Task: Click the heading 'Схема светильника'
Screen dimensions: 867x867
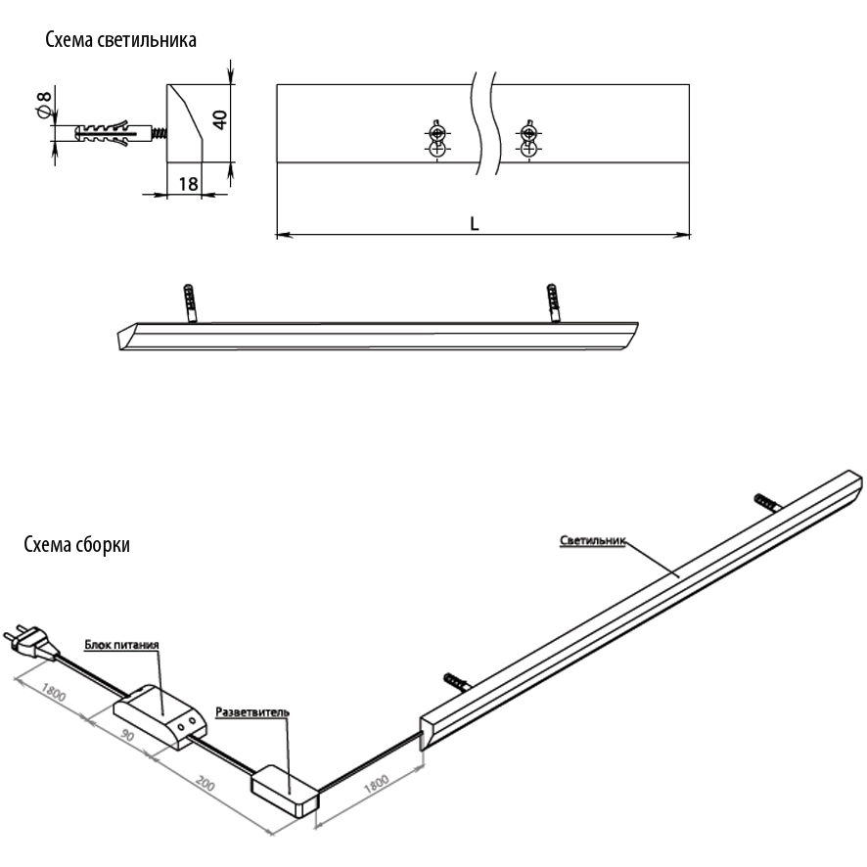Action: (x=120, y=40)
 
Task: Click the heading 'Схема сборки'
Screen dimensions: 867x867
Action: (x=76, y=545)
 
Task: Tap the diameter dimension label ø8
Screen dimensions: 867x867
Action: (x=42, y=107)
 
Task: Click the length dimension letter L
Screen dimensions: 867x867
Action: (x=474, y=223)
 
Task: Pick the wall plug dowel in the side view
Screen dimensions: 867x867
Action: (x=108, y=131)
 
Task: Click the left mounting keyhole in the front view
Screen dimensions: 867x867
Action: (x=436, y=140)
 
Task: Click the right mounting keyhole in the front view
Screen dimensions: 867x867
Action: (x=528, y=140)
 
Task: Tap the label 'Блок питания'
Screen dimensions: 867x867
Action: (x=121, y=644)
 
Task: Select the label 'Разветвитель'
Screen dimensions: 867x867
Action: (x=252, y=712)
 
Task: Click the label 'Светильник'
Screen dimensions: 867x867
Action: (x=593, y=540)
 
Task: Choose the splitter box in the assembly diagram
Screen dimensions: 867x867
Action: (x=285, y=790)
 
